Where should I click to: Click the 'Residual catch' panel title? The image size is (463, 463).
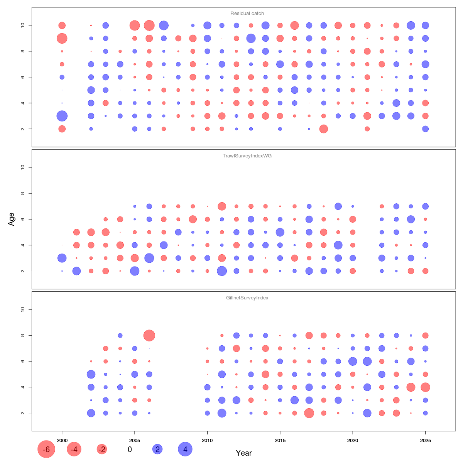point(247,14)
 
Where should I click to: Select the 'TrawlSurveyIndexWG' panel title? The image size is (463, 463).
point(247,156)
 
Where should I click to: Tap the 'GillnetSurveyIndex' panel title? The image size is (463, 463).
point(247,298)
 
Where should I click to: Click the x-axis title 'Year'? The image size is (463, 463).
point(244,453)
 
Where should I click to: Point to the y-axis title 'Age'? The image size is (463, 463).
point(12,219)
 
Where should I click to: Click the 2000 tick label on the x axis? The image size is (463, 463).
point(62,440)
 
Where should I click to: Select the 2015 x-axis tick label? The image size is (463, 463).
point(280,440)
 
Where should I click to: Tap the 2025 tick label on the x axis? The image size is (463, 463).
point(425,440)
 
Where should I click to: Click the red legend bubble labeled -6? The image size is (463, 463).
point(46,449)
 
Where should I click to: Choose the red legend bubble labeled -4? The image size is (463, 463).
point(74,449)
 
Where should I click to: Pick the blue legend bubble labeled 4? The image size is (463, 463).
point(185,449)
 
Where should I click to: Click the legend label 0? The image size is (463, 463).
point(130,449)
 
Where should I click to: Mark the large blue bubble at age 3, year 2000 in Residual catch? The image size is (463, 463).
point(62,116)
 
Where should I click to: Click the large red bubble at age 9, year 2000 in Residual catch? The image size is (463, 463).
point(62,38)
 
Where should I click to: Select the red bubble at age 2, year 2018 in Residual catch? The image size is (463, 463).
point(324,129)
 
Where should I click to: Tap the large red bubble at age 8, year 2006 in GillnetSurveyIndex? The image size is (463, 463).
point(149,335)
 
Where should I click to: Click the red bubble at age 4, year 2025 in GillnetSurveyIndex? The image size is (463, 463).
point(425,387)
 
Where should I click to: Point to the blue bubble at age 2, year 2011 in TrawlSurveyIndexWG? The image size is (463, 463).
point(222,271)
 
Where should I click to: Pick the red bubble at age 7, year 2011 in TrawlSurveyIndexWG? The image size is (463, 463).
point(222,206)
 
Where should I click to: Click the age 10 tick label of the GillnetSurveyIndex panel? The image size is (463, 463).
point(23,309)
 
